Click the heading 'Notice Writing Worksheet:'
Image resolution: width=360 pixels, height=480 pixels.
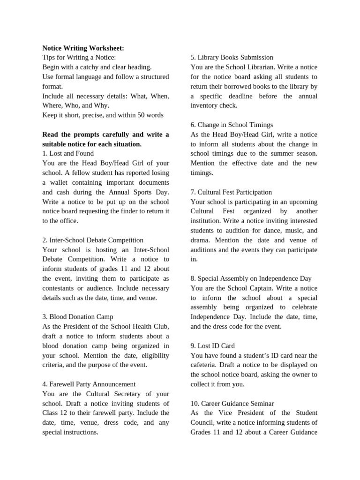83,48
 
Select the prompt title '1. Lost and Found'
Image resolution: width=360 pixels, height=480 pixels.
68,153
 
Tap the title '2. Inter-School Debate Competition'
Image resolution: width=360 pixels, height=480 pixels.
93,240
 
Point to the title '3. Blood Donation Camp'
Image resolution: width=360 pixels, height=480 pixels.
78,317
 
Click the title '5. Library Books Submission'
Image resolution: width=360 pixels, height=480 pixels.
232,58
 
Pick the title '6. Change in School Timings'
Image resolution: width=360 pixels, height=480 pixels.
232,125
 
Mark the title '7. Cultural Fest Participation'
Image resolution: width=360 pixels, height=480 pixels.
231,192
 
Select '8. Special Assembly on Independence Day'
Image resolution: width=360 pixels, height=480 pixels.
251,278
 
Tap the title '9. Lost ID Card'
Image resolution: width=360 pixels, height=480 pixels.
213,346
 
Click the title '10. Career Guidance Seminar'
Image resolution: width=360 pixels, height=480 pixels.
232,403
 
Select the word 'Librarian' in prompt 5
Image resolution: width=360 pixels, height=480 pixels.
261,67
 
